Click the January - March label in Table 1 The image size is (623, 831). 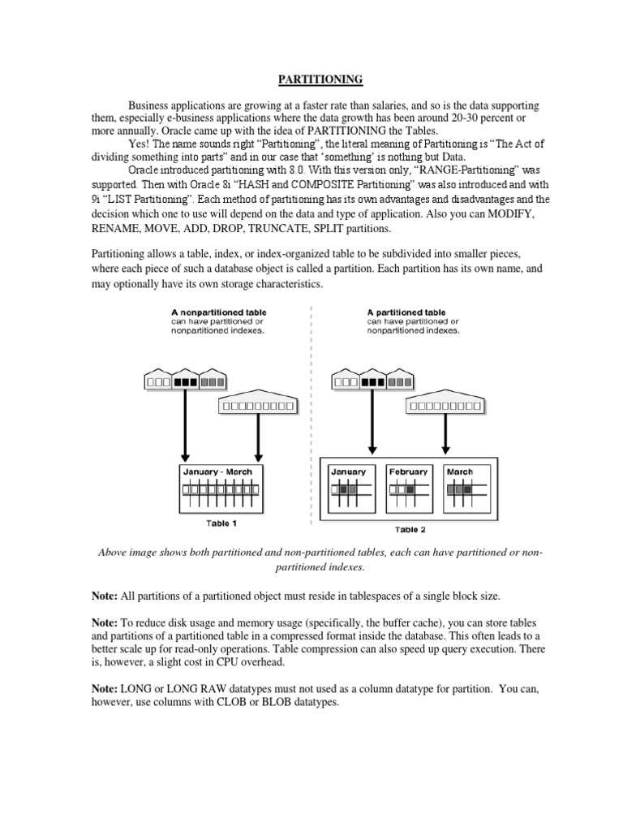pyautogui.click(x=217, y=471)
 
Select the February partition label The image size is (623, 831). pyautogui.click(x=407, y=471)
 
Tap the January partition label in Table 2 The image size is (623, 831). pyautogui.click(x=348, y=471)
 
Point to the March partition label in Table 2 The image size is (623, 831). pyautogui.click(x=459, y=471)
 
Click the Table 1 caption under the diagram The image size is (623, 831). pyautogui.click(x=221, y=523)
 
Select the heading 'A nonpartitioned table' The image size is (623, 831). pyautogui.click(x=218, y=312)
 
